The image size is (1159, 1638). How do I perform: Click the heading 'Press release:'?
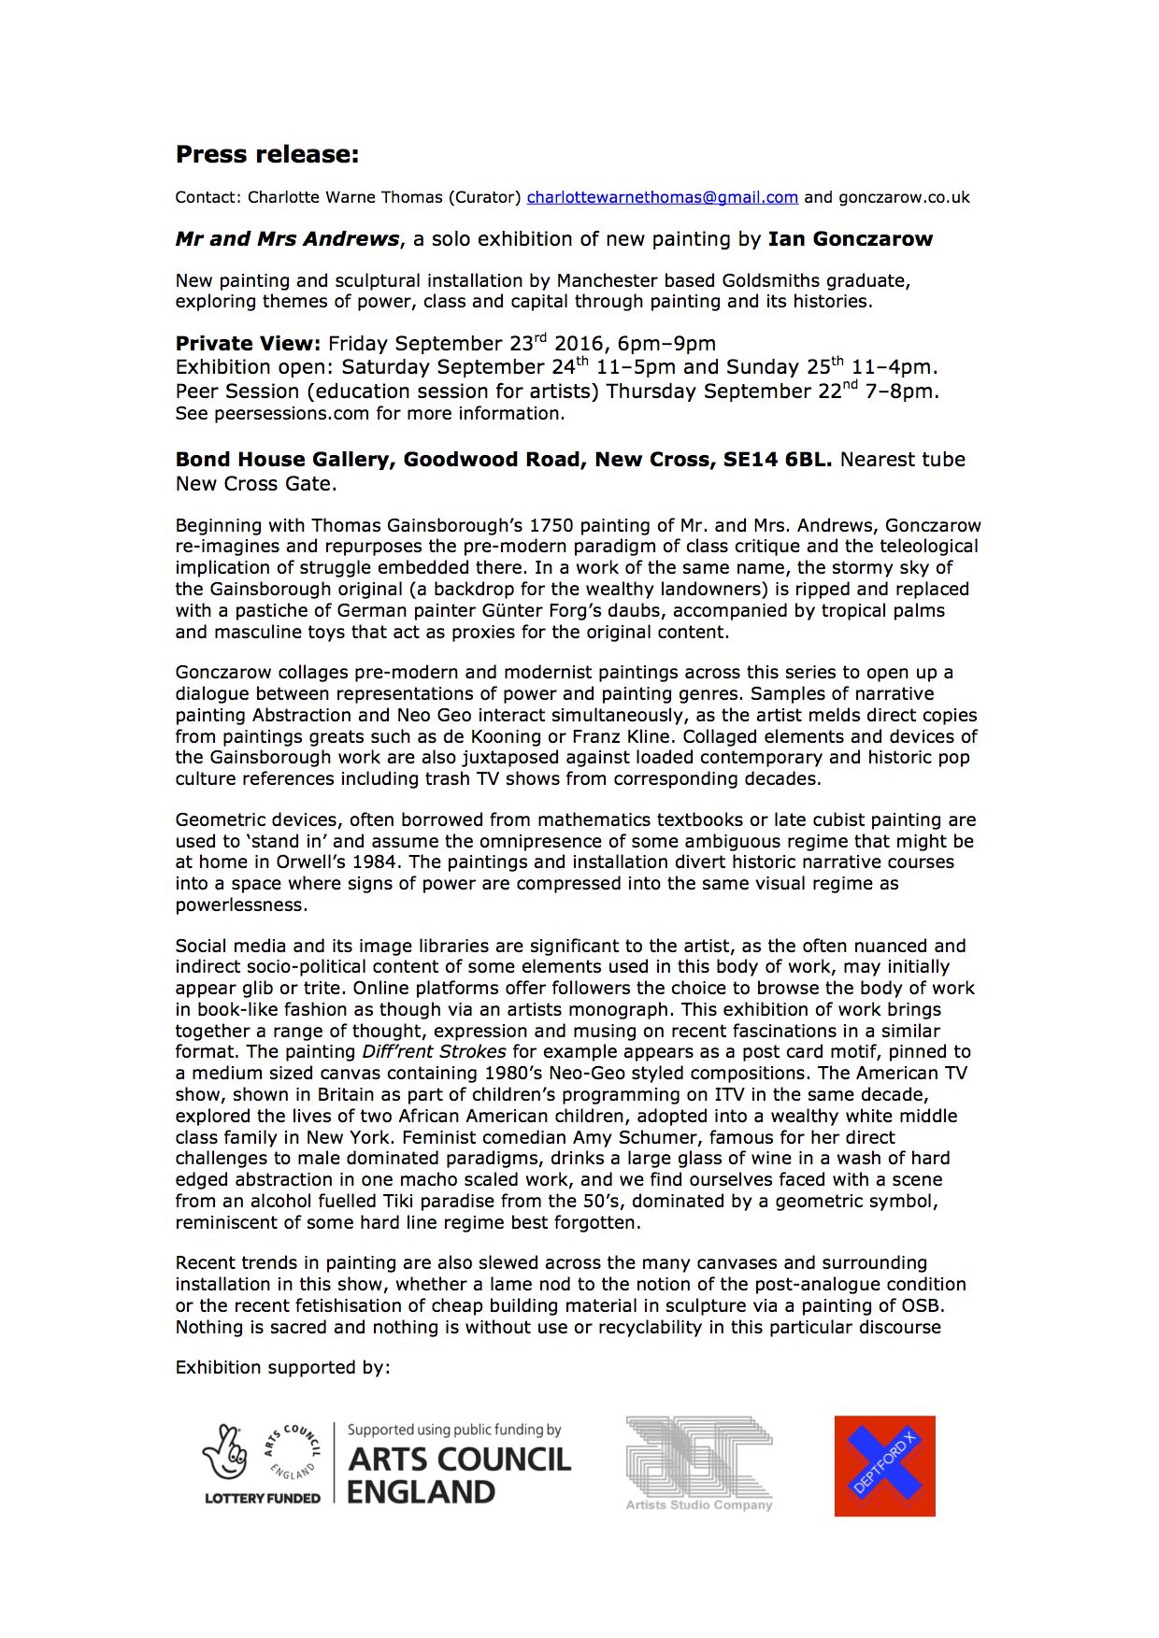coord(267,154)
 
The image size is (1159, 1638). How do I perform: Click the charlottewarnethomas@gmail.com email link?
coord(662,197)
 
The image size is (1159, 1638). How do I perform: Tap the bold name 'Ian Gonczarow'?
coord(850,239)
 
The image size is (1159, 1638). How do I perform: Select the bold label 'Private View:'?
coord(248,344)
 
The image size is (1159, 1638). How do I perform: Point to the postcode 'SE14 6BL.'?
coord(777,460)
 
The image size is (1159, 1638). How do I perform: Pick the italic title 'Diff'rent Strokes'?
coord(434,1051)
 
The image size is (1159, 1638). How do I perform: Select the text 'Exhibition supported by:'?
coord(282,1367)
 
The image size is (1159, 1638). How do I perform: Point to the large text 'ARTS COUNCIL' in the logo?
coord(459,1460)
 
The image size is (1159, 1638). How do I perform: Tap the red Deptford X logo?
coord(884,1465)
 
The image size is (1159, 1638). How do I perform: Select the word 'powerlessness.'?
coord(241,904)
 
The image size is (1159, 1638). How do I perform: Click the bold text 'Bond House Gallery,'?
coord(286,460)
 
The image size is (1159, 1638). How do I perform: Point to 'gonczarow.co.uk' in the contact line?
coord(904,197)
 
